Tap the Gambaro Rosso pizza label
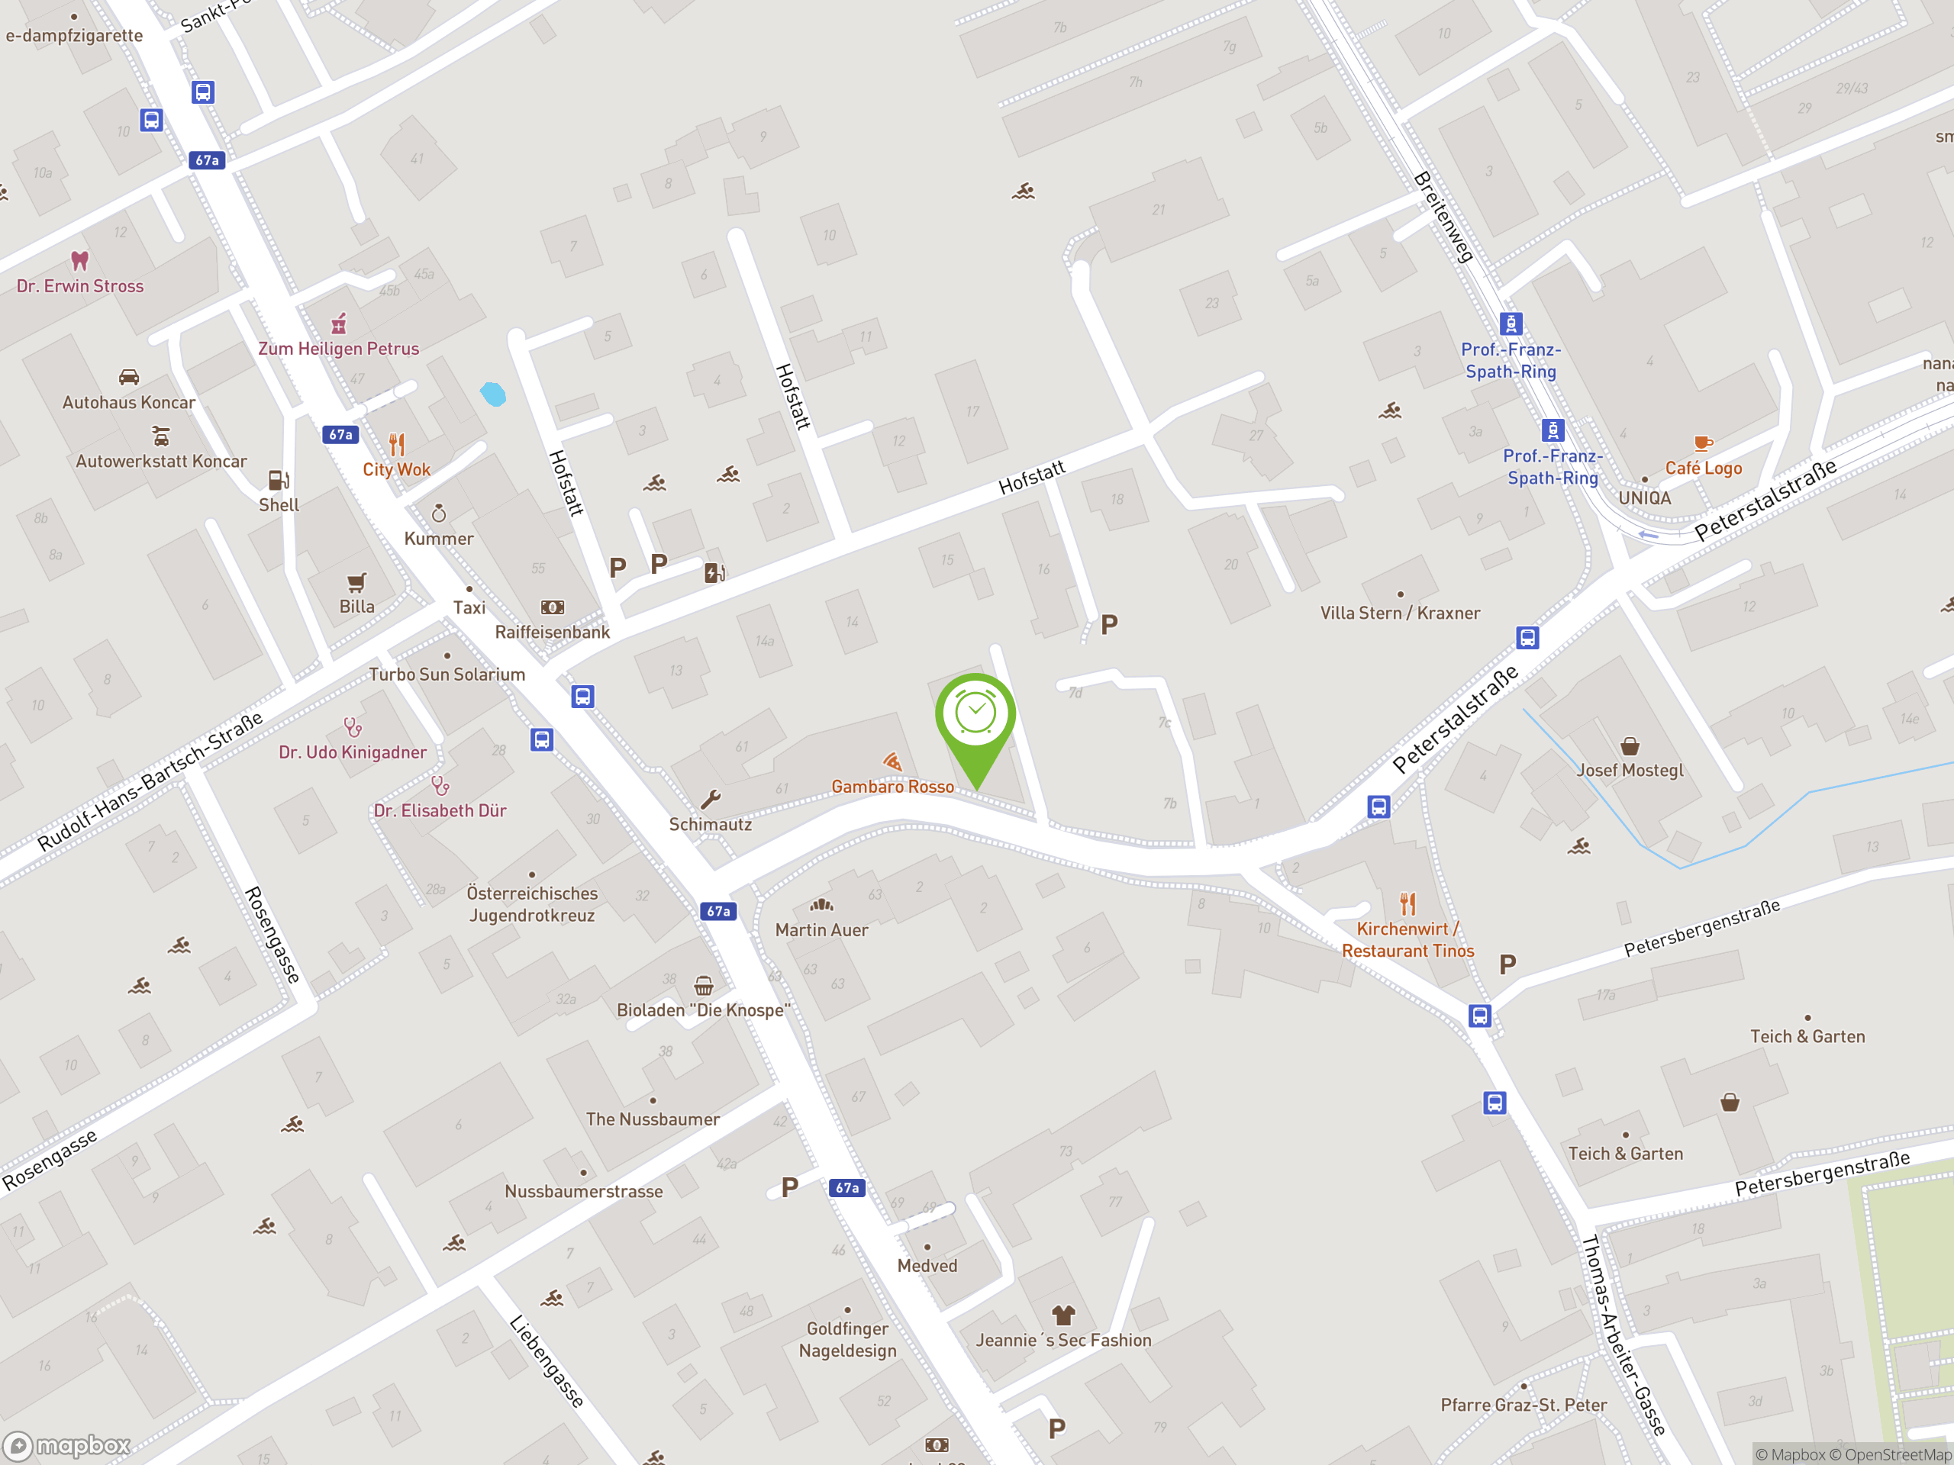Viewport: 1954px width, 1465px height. tap(892, 786)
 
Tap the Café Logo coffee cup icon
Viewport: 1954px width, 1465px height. tap(1702, 443)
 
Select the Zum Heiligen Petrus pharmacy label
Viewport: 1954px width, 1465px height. tap(338, 349)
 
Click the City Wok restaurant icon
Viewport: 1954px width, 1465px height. tap(397, 444)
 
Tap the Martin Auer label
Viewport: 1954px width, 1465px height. tap(821, 930)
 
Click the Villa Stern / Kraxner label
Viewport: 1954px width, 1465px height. tap(1400, 613)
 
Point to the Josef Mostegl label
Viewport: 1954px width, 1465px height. tap(1630, 770)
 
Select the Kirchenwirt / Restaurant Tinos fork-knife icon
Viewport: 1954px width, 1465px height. tap(1408, 903)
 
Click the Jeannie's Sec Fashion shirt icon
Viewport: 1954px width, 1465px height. tap(1063, 1315)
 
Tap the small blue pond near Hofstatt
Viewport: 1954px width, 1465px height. tap(493, 394)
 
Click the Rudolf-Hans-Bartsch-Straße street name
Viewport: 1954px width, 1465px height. tap(150, 781)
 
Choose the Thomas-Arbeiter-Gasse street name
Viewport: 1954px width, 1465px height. tap(1623, 1335)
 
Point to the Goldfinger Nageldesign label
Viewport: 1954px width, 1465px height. tap(847, 1340)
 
